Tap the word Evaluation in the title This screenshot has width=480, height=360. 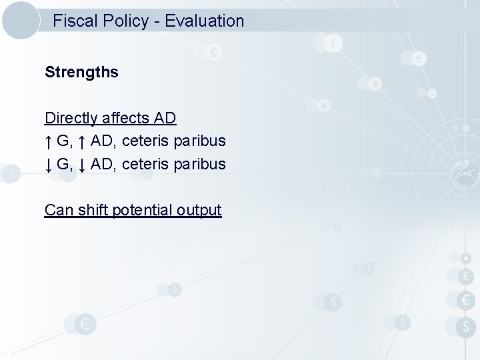(205, 21)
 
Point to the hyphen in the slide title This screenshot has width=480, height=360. (157, 21)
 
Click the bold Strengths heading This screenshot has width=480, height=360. (81, 72)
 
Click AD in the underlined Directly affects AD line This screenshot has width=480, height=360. (165, 119)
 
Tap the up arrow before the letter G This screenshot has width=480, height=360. (49, 141)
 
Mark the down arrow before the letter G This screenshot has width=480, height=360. (49, 164)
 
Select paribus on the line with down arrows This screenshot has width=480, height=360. (199, 164)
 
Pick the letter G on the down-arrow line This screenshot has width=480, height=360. (64, 164)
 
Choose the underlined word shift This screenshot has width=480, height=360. (92, 210)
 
